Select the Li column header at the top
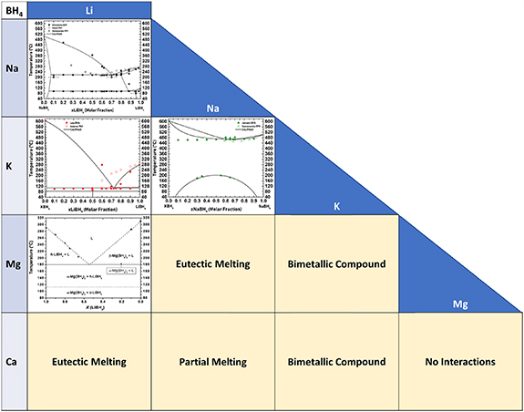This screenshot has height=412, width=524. pos(88,8)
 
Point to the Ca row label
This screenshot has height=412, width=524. pos(13,362)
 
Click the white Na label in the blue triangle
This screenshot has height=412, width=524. pos(211,108)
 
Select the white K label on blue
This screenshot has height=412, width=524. pos(335,207)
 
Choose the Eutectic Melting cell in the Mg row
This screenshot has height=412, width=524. pos(211,264)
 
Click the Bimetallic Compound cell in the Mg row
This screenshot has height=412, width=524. pos(335,264)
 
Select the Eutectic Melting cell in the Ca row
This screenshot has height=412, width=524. pos(88,362)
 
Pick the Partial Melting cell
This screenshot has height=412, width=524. pos(211,362)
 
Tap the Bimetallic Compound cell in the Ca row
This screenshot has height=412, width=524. pos(335,362)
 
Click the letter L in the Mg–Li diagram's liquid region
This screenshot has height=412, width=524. pos(91,238)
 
